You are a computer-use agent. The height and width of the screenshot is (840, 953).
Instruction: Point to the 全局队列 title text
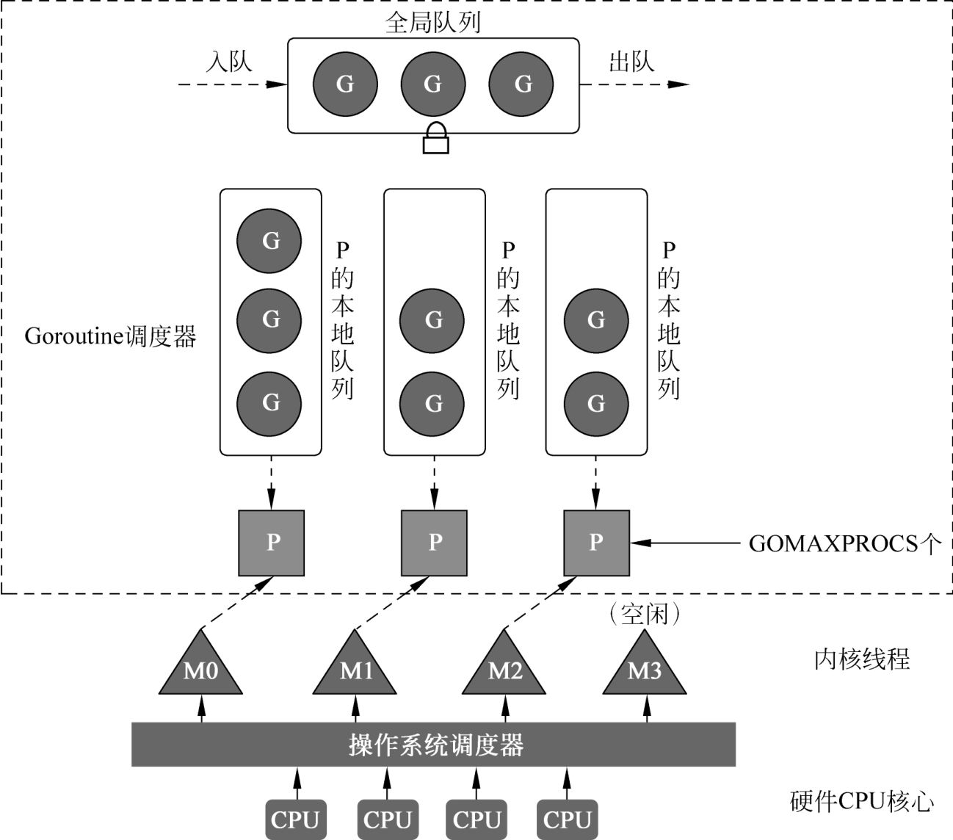(433, 22)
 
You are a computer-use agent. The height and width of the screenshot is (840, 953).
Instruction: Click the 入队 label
(229, 62)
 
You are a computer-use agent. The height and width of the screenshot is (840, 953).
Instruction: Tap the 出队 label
(631, 62)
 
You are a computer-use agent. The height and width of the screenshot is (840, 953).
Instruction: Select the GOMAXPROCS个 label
(844, 543)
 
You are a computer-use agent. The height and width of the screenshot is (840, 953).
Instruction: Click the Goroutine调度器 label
(110, 336)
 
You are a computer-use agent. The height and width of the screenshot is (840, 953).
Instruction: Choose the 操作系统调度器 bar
(433, 745)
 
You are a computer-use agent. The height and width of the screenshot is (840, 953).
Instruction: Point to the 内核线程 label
(862, 659)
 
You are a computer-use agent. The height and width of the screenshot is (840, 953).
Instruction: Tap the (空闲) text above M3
(645, 614)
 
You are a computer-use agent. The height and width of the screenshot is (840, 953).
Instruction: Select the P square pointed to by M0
(272, 543)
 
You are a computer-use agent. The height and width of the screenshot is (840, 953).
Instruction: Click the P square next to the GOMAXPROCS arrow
(596, 543)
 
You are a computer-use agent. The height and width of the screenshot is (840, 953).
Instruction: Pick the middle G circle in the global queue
(432, 84)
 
